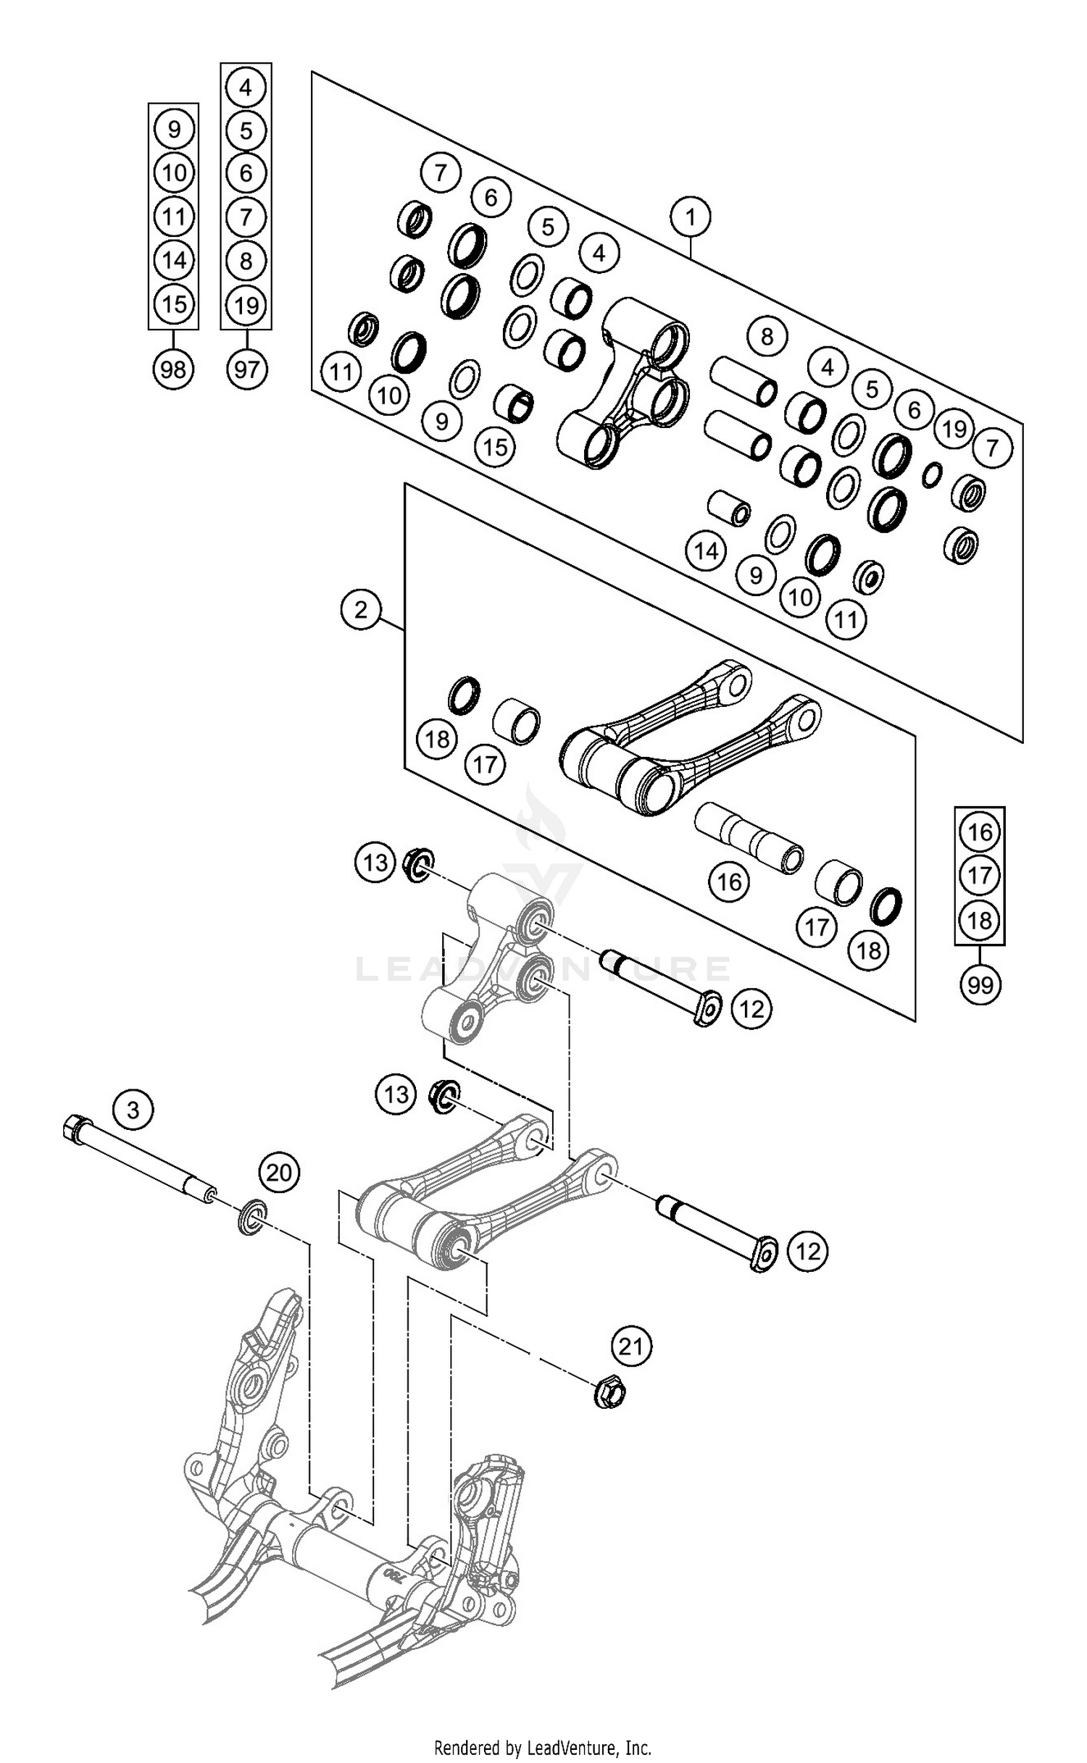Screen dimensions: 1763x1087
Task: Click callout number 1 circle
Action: (690, 217)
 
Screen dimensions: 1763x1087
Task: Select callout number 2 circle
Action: (361, 610)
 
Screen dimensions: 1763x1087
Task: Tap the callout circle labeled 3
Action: (133, 1109)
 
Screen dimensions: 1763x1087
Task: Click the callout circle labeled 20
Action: (279, 1171)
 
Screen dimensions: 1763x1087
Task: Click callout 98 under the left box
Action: (173, 369)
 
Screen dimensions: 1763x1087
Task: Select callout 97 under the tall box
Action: (246, 369)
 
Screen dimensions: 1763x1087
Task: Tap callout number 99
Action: (980, 985)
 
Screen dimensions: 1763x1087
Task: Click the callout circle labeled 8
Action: (767, 336)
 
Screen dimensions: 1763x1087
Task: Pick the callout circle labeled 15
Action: (496, 447)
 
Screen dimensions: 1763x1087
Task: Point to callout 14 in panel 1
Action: (706, 551)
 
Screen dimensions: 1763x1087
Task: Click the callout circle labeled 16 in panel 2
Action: (729, 881)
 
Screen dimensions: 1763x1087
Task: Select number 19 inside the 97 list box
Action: (246, 305)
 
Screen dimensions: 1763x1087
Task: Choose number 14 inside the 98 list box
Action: (173, 260)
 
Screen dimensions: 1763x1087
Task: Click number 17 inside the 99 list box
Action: (980, 876)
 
